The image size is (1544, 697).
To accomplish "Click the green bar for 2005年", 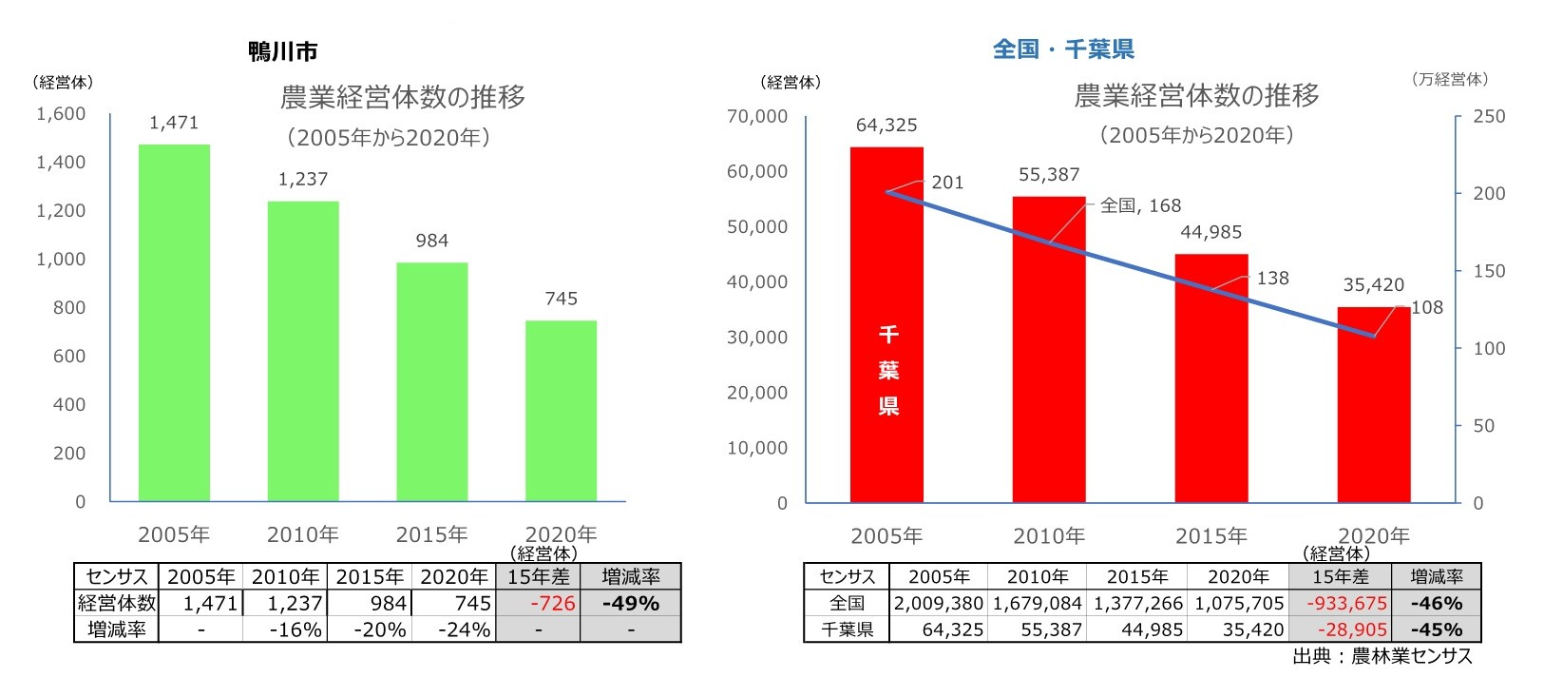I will click(174, 323).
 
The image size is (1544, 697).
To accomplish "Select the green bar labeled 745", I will click(561, 411).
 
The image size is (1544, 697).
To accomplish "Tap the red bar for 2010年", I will click(1049, 349).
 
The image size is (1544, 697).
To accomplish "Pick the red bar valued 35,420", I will click(1373, 404).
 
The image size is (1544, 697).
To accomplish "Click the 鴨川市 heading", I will click(282, 51).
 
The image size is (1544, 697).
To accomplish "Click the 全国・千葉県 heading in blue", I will click(1063, 49).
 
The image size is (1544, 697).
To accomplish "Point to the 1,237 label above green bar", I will click(302, 179).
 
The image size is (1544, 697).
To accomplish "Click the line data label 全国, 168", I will click(1140, 205).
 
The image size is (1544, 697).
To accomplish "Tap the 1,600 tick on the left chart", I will click(61, 114).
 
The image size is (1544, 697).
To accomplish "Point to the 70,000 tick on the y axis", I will click(756, 116).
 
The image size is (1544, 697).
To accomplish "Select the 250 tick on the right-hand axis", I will click(1488, 116).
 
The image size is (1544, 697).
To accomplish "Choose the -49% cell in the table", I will click(630, 603).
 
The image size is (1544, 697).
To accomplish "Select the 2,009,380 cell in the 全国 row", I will click(938, 603).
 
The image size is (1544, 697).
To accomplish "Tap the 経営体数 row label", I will click(117, 603).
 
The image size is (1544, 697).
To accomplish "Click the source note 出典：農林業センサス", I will click(1382, 656).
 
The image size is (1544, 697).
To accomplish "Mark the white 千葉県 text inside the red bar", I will click(887, 371).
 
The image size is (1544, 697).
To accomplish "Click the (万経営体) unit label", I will click(1449, 80).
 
